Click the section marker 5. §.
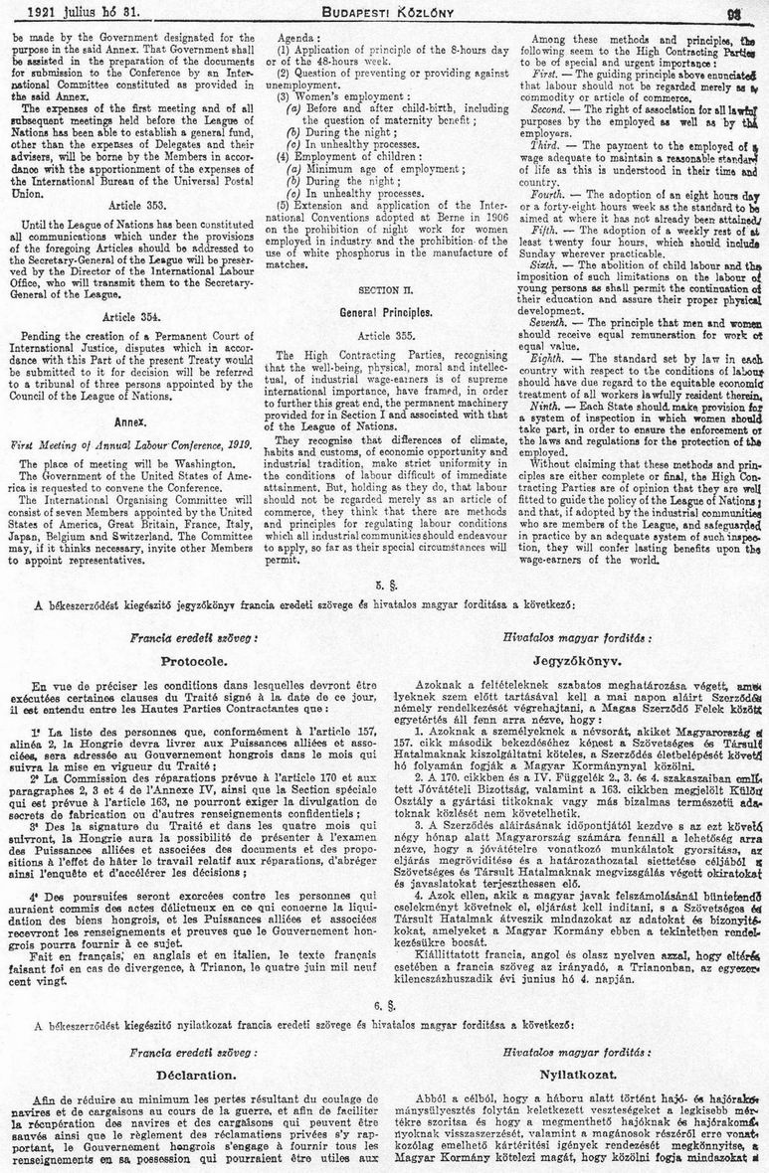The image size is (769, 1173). [x=384, y=580]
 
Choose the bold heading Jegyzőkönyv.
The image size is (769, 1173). [x=576, y=658]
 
